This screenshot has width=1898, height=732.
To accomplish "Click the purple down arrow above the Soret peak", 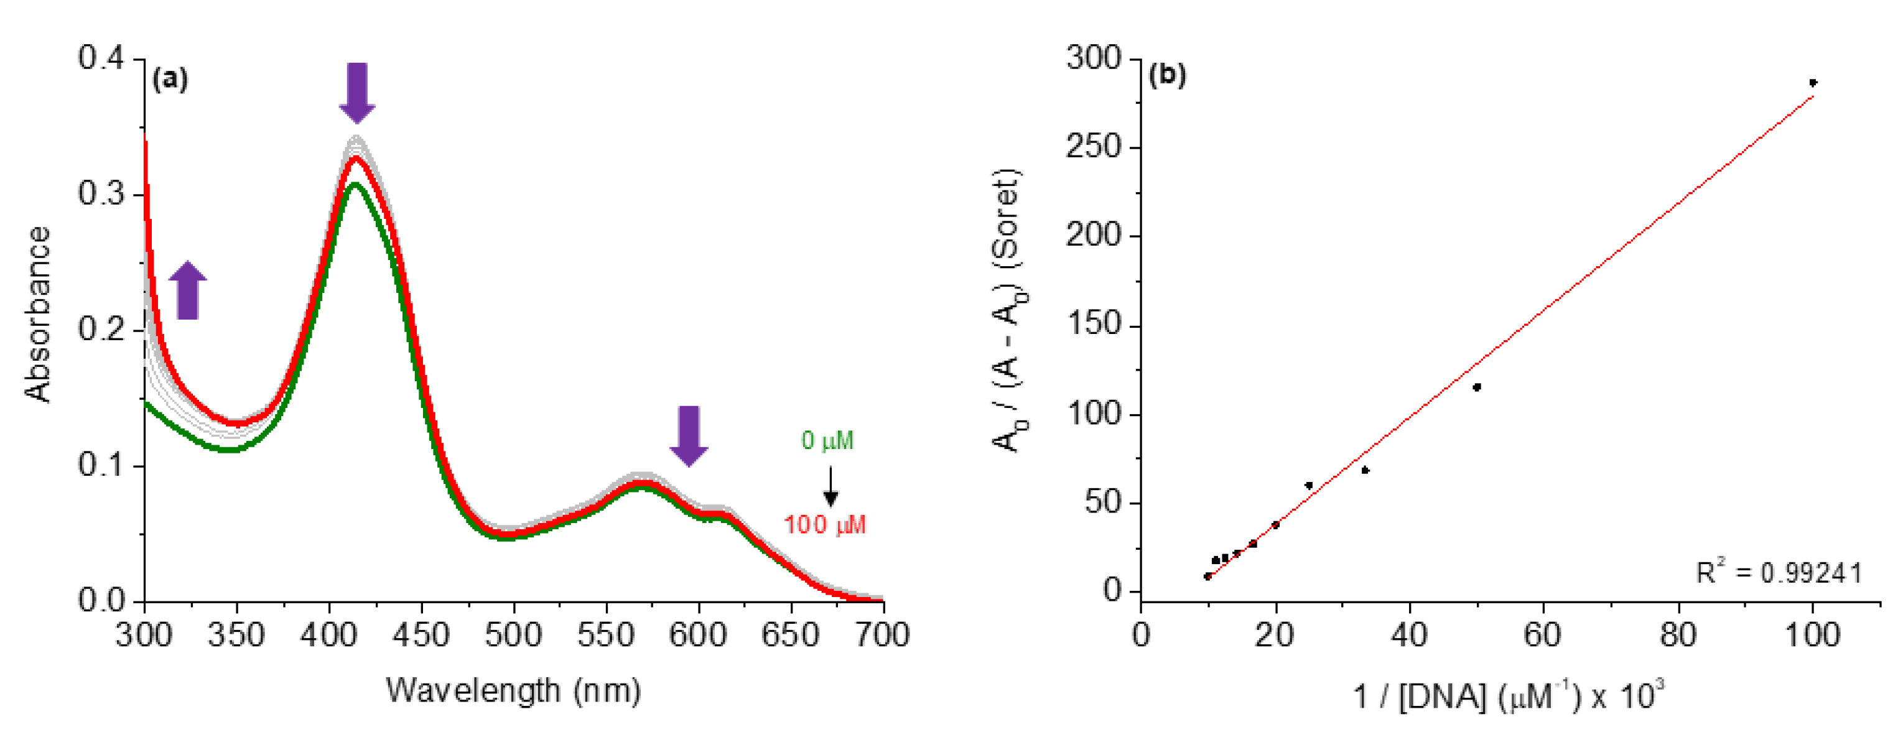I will pos(357,93).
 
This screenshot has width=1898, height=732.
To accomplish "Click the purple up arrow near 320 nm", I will pos(188,291).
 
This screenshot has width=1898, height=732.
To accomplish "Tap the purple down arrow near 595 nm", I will pos(689,436).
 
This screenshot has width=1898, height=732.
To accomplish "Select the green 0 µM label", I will pos(827,441).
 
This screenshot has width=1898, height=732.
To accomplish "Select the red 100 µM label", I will pos(824,525).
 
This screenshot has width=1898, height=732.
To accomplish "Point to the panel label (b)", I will pos(1167,75).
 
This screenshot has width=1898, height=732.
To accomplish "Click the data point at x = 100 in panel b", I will pos(1813,83).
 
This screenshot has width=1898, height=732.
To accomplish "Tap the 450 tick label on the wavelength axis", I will pos(421,635).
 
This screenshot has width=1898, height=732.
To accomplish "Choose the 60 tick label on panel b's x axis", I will pos(1543,635).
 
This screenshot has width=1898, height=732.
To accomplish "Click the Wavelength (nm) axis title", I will pos(514,691).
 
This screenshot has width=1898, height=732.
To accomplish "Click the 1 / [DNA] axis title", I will pos(1507,695).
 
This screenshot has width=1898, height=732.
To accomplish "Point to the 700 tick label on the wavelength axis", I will pos(882,635).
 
